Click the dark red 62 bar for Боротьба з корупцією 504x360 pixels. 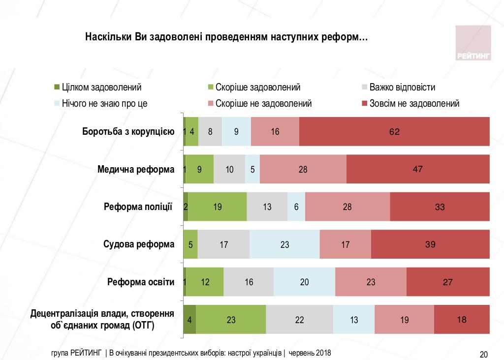pyautogui.click(x=394, y=132)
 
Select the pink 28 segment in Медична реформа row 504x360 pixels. pyautogui.click(x=303, y=169)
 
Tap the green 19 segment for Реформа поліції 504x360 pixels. pyautogui.click(x=217, y=207)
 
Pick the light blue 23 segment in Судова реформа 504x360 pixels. pyautogui.click(x=284, y=244)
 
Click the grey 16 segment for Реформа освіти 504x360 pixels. pyautogui.click(x=249, y=282)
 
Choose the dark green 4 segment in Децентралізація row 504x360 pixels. pyautogui.click(x=189, y=320)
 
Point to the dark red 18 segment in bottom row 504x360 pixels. pyautogui.click(x=462, y=320)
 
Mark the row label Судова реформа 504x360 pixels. pyautogui.click(x=139, y=244)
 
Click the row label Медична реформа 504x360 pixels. pyautogui.click(x=136, y=170)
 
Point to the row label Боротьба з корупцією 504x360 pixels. pyautogui.click(x=127, y=132)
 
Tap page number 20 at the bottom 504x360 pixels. pyautogui.click(x=483, y=354)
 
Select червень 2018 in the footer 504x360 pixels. pyautogui.click(x=310, y=353)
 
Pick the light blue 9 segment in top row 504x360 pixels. pyautogui.click(x=236, y=132)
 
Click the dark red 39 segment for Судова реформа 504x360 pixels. pyautogui.click(x=430, y=244)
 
